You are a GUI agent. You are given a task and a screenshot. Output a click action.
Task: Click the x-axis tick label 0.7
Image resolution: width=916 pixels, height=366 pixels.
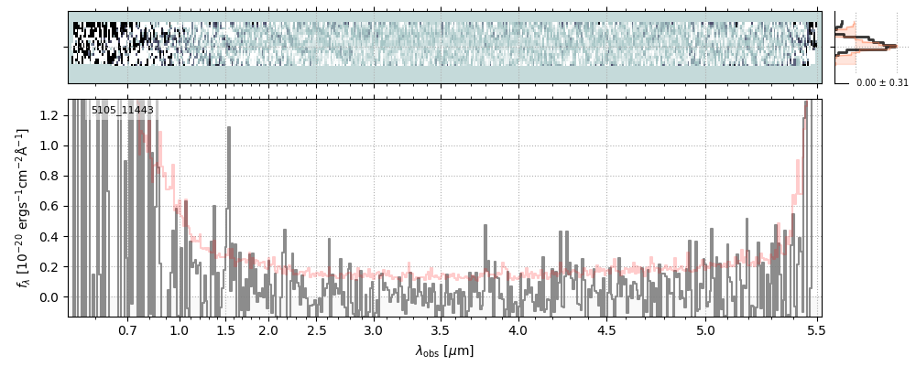coord(127,329)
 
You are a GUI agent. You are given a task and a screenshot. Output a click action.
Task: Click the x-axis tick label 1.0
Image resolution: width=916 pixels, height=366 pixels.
coord(180,329)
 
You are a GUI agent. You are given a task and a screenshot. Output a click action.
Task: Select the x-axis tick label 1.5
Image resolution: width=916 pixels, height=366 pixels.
coord(225,329)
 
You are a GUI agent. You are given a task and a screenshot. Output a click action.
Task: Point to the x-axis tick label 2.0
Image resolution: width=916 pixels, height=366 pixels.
coord(267,329)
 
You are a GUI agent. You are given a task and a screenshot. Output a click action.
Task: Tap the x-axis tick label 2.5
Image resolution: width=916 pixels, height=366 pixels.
coord(317,329)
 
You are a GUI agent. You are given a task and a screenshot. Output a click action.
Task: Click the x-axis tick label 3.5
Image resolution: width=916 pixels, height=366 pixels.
coord(441,329)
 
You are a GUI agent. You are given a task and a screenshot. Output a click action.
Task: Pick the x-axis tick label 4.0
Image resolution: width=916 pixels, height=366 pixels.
coord(518,329)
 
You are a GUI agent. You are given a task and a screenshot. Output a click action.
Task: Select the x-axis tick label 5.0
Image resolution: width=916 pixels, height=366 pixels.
coord(705,329)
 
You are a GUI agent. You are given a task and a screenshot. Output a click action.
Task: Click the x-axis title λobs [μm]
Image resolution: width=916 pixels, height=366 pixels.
coord(444,350)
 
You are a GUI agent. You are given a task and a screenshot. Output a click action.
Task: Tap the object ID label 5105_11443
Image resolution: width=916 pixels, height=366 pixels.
coord(123,110)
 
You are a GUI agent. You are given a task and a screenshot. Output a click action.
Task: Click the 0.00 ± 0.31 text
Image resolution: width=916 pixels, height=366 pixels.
coord(882,82)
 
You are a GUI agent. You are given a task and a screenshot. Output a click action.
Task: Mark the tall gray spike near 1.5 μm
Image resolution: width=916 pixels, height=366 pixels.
coord(228,128)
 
